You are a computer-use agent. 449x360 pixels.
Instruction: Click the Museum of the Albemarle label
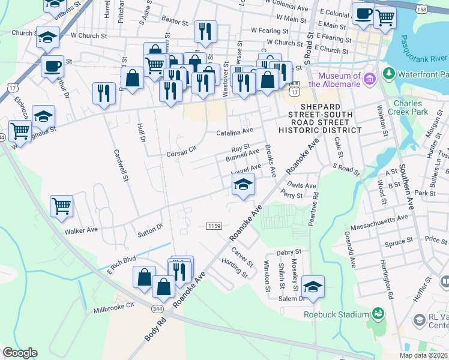pos(339,80)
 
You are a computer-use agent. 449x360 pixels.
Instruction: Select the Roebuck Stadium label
pos(336,314)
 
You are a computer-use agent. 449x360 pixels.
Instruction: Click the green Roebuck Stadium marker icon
pos(378,313)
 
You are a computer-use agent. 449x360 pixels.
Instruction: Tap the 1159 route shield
pos(214,226)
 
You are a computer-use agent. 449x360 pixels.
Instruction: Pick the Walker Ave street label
pos(80,230)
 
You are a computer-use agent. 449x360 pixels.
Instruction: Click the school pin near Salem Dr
pos(313,286)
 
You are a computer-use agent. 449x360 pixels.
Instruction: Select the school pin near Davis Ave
pos(243,184)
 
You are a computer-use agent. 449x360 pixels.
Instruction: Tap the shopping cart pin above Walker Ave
pos(62,206)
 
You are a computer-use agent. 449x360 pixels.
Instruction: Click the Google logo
pos(20,353)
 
